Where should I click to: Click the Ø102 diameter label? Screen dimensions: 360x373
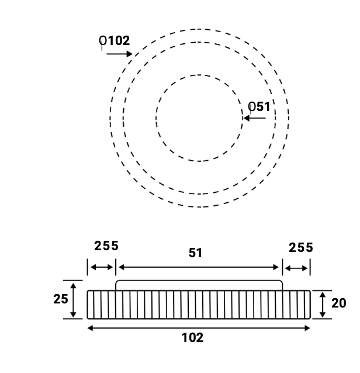pyautogui.click(x=115, y=41)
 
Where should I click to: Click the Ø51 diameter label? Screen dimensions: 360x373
pyautogui.click(x=259, y=106)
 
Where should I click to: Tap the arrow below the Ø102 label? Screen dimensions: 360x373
pyautogui.click(x=119, y=54)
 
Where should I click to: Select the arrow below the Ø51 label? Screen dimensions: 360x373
pyautogui.click(x=255, y=118)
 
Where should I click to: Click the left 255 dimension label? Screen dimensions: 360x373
pyautogui.click(x=106, y=246)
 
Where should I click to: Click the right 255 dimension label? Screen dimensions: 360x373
pyautogui.click(x=301, y=248)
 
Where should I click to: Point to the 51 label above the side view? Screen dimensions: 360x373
pyautogui.click(x=195, y=253)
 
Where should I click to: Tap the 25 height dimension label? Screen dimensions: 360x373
pyautogui.click(x=61, y=299)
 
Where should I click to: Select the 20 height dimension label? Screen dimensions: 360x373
pyautogui.click(x=338, y=303)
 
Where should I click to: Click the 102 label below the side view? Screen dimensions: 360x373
pyautogui.click(x=192, y=337)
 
